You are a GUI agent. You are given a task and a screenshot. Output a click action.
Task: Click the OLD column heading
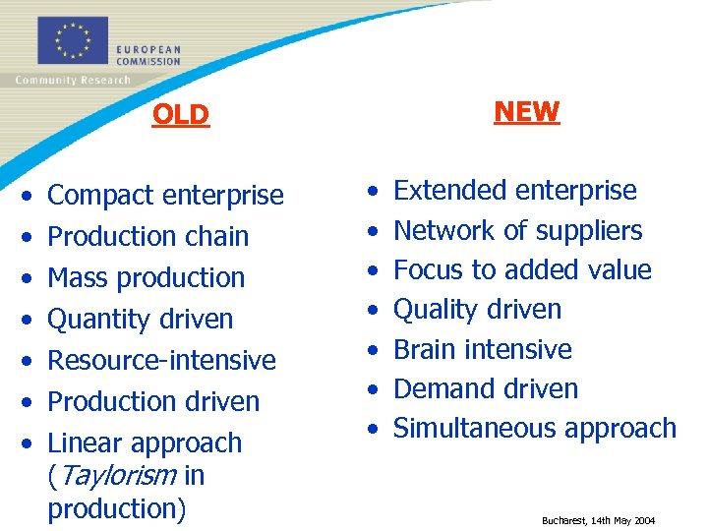181,115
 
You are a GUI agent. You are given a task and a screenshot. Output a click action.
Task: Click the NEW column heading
526,112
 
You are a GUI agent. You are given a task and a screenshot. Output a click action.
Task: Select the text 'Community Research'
73,81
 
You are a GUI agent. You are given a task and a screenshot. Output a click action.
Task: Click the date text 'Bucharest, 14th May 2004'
598,520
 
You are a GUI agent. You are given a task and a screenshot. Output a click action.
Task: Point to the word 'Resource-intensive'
161,360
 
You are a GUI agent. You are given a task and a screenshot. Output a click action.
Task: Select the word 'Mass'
75,278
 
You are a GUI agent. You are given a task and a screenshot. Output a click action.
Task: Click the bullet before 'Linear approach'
29,443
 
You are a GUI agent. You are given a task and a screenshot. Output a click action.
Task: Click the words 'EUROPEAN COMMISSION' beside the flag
147,55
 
